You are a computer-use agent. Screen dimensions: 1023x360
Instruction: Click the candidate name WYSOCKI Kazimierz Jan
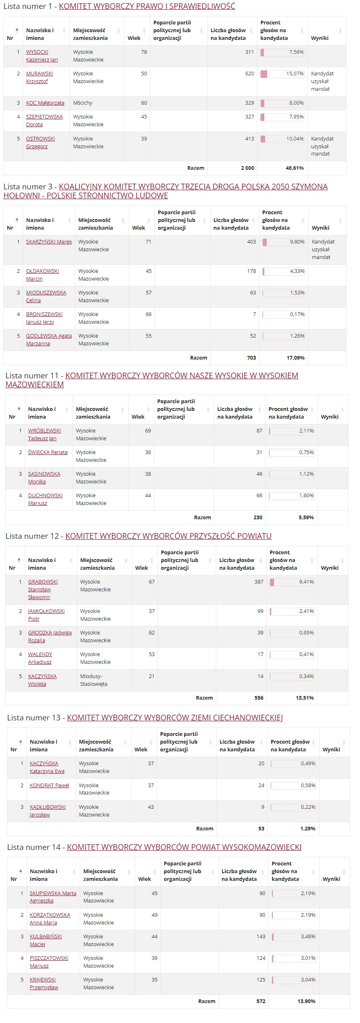point(42,56)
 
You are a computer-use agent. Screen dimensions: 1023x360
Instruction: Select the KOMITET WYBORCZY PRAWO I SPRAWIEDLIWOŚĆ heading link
point(147,6)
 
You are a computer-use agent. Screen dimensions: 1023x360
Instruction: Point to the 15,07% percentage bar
point(282,74)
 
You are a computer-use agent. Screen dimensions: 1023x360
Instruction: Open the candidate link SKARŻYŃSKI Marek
point(49,242)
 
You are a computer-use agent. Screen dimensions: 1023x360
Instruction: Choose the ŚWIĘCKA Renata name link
point(48,452)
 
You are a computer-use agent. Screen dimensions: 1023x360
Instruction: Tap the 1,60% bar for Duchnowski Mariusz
point(292,496)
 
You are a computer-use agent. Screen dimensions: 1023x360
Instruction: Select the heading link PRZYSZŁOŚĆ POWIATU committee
point(168,536)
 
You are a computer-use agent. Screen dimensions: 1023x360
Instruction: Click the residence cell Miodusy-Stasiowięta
point(94,680)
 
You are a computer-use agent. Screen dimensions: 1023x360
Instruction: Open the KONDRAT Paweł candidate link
point(49,786)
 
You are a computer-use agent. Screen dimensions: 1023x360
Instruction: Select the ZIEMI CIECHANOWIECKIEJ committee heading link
point(175,718)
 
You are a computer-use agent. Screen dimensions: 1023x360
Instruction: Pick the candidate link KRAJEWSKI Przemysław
point(44,983)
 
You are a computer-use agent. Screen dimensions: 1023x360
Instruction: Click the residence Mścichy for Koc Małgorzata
point(83,103)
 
